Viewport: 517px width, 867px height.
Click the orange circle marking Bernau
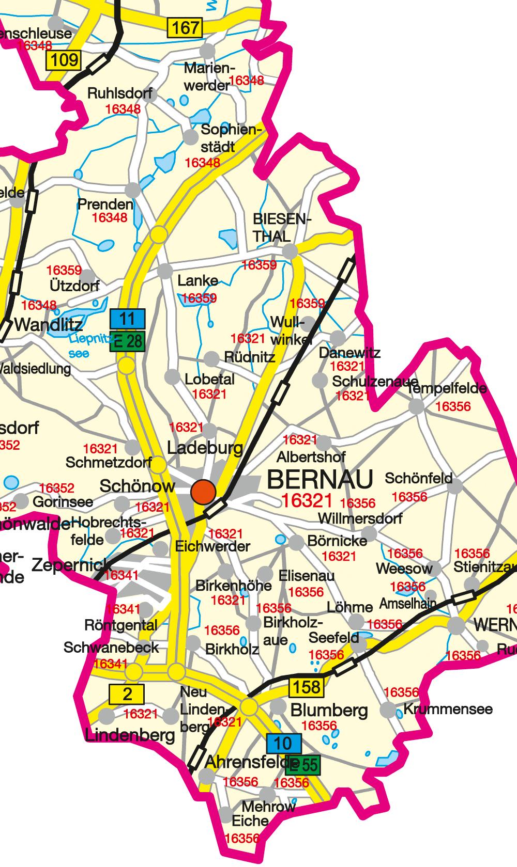click(203, 491)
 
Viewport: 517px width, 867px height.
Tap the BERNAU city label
click(320, 480)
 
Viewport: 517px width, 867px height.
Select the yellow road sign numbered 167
click(185, 27)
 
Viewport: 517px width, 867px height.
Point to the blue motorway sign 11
click(127, 319)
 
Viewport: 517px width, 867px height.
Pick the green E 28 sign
click(127, 340)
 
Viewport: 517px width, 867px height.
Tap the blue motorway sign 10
click(284, 744)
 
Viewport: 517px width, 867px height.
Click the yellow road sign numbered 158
click(306, 687)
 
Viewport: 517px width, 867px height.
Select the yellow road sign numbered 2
click(127, 694)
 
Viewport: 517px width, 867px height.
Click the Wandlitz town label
click(49, 325)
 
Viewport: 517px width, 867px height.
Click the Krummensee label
click(448, 709)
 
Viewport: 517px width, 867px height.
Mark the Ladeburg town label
click(205, 448)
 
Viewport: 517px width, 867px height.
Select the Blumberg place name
click(329, 711)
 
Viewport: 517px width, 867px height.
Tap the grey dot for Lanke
click(165, 271)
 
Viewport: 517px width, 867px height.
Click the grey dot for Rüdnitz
click(211, 358)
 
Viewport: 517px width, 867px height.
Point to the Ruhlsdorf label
click(120, 94)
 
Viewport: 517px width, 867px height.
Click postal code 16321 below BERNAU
click(307, 500)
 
